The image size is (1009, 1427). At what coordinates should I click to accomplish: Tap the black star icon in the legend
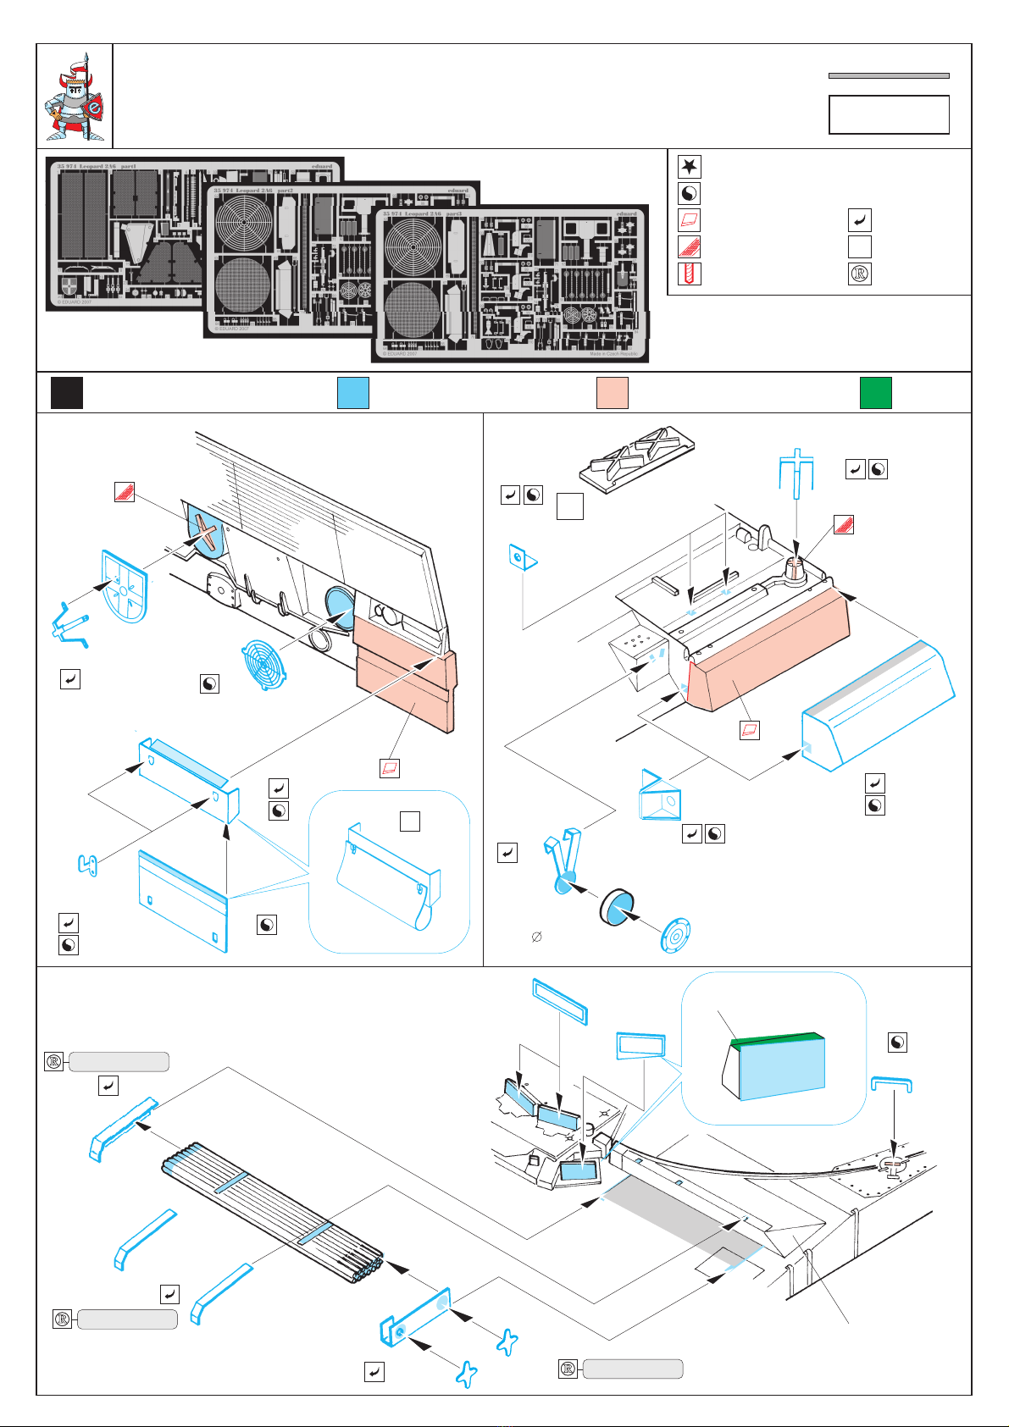(x=689, y=166)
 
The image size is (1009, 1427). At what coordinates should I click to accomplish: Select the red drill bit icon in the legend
(x=689, y=274)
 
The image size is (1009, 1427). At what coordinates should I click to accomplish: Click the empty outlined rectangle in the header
(x=889, y=114)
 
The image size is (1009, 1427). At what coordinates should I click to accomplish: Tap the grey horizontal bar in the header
(x=889, y=75)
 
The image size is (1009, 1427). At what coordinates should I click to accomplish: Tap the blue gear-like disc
(x=674, y=933)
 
